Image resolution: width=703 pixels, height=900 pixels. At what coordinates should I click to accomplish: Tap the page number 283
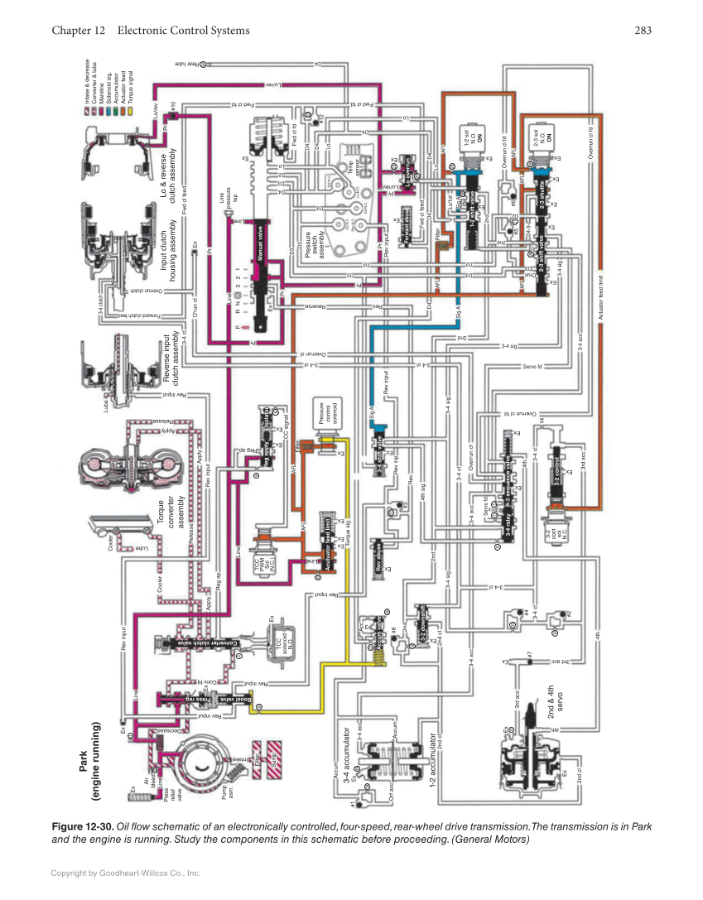click(x=643, y=31)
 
